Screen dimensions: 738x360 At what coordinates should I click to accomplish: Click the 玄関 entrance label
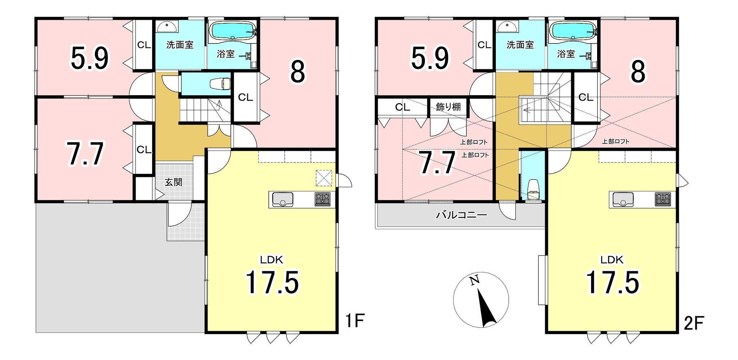click(173, 182)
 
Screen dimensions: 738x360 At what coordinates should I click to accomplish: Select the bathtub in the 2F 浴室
click(573, 31)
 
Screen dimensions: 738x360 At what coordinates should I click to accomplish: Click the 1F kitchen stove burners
click(323, 200)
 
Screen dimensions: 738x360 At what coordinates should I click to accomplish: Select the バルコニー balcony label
click(462, 215)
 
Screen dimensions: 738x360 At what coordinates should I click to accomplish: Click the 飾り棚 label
click(448, 107)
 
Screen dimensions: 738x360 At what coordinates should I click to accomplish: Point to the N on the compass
click(475, 280)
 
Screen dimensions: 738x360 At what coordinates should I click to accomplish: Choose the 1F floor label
click(355, 321)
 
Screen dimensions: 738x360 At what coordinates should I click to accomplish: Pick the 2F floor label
click(694, 323)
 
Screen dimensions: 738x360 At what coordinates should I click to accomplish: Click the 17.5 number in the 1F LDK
click(272, 283)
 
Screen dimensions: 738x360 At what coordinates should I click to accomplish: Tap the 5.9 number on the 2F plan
click(430, 58)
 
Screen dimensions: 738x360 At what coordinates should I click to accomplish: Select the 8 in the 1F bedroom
click(298, 72)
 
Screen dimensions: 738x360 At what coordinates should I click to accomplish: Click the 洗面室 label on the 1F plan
click(180, 45)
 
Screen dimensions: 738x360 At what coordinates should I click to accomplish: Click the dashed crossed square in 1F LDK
click(323, 178)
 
